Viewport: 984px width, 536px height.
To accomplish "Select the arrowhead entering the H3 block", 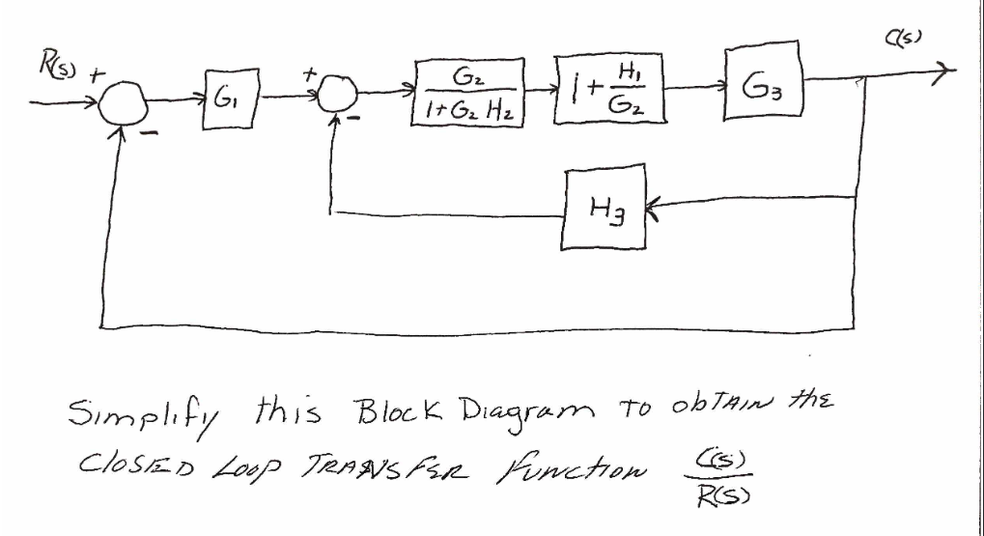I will click(654, 201).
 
